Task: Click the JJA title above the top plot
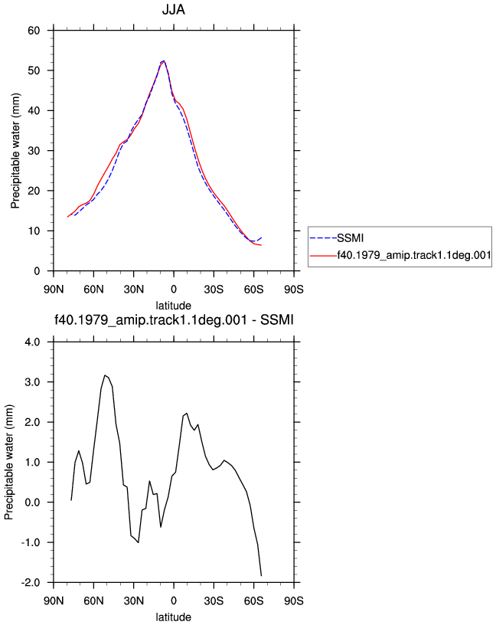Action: [173, 9]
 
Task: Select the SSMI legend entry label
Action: [351, 238]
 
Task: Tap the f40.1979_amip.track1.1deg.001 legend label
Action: [414, 255]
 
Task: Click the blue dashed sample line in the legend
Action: [323, 238]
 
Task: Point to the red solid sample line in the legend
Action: [323, 256]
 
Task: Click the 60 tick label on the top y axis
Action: [34, 31]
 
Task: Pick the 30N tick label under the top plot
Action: [133, 290]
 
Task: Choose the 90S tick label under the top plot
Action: [294, 290]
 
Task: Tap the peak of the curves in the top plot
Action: [164, 61]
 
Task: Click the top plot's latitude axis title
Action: [173, 306]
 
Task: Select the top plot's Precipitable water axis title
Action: [15, 151]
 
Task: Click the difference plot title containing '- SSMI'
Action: [174, 319]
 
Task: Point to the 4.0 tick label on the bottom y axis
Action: [32, 342]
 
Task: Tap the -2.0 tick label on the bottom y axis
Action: [31, 583]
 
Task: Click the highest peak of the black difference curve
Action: [105, 375]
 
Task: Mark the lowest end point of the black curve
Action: [261, 575]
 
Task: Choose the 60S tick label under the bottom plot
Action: [254, 600]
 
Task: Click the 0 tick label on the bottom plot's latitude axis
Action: [174, 600]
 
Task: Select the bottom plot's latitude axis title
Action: [173, 617]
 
